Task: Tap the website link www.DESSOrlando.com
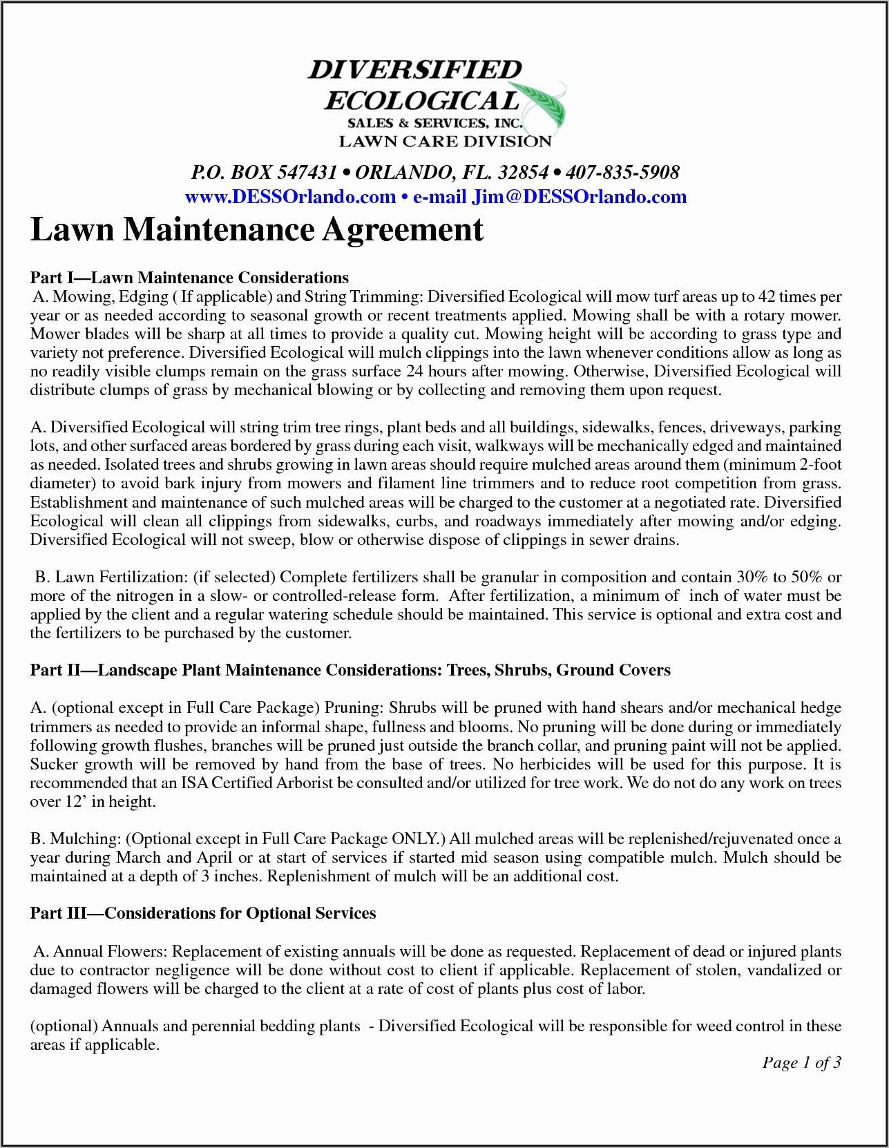tap(290, 197)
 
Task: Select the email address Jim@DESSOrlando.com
tap(579, 197)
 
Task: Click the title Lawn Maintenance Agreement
tap(257, 230)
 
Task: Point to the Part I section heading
tap(189, 278)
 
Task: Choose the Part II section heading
tap(350, 670)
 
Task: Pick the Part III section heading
tap(203, 913)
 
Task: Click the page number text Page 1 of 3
tap(801, 1062)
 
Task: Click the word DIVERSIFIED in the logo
tap(414, 70)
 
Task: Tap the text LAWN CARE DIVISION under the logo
tap(445, 142)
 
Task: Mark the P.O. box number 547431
tap(306, 172)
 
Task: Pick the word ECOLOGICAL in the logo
tap(421, 101)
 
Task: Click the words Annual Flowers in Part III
tap(111, 951)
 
